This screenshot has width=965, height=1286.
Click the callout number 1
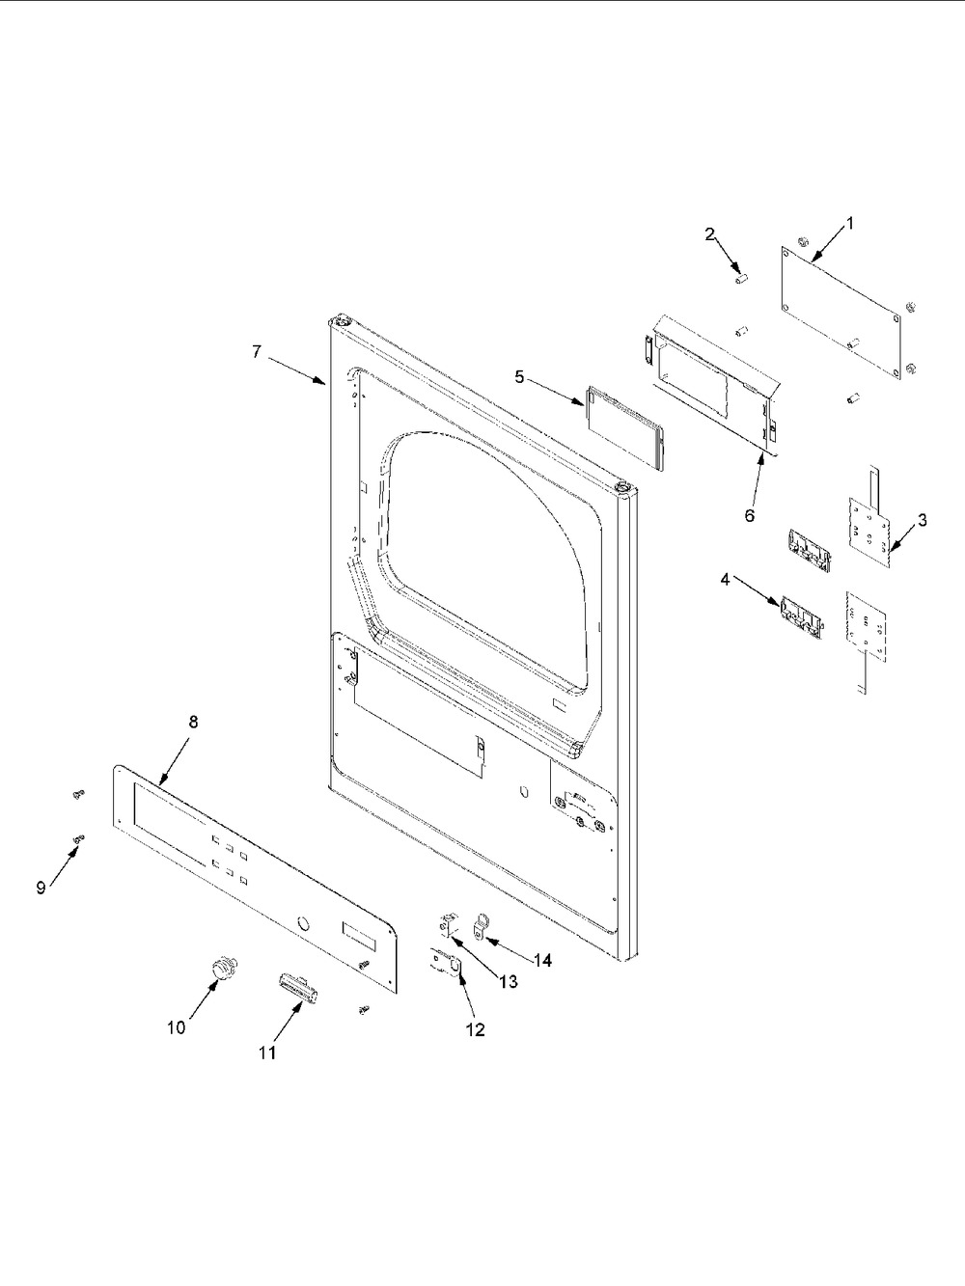click(849, 223)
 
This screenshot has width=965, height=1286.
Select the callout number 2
click(709, 233)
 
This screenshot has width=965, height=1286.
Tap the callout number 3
click(923, 520)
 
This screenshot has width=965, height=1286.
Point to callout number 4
click(724, 579)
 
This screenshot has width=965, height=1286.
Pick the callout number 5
click(519, 376)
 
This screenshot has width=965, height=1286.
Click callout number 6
click(750, 514)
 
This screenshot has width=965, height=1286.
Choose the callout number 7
click(257, 352)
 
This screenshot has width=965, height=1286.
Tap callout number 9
click(41, 888)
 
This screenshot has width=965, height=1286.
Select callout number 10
click(176, 1028)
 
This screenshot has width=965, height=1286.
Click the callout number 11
click(267, 1053)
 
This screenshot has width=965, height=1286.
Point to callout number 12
click(475, 1029)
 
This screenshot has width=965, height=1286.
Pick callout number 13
click(508, 981)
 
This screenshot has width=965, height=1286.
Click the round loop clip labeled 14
click(481, 928)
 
